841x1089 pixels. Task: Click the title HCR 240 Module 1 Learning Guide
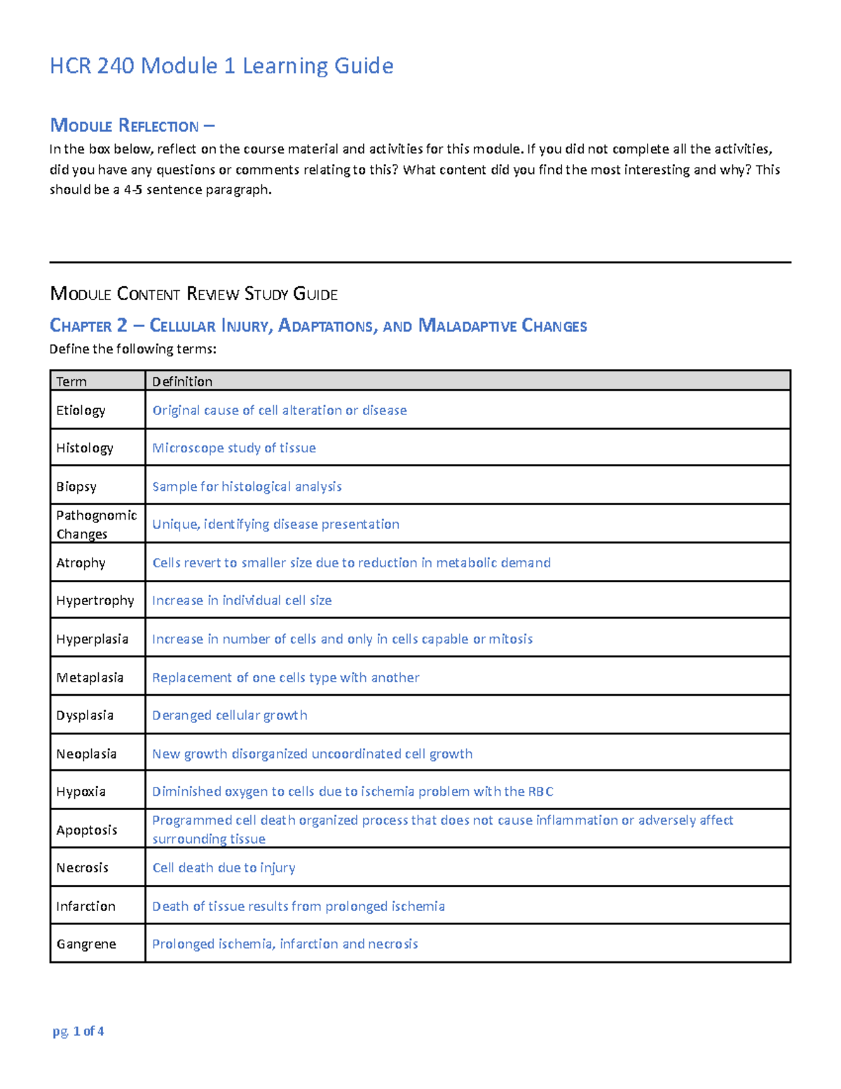click(221, 66)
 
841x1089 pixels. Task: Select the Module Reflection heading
click(132, 126)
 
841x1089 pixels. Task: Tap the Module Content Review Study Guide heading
click(193, 294)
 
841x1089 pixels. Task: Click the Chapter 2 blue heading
click(318, 325)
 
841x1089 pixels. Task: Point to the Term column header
click(71, 381)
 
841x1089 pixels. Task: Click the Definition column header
click(182, 381)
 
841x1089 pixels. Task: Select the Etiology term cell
click(81, 410)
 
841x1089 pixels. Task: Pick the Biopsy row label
click(76, 487)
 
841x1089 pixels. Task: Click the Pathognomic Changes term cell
click(96, 525)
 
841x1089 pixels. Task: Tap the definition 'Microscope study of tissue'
click(234, 448)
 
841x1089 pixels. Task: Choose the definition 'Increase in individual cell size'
click(242, 600)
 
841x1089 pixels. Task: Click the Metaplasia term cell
click(90, 677)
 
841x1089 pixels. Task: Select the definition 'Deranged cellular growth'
click(230, 715)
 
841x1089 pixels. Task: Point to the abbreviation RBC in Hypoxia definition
click(540, 792)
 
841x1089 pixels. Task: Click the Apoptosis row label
click(87, 830)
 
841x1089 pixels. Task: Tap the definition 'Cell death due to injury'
click(224, 868)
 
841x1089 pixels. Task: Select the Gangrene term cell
click(86, 944)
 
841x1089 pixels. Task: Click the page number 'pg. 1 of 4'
click(78, 1031)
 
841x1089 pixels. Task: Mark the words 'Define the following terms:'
click(132, 349)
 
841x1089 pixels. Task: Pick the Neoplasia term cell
click(86, 754)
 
